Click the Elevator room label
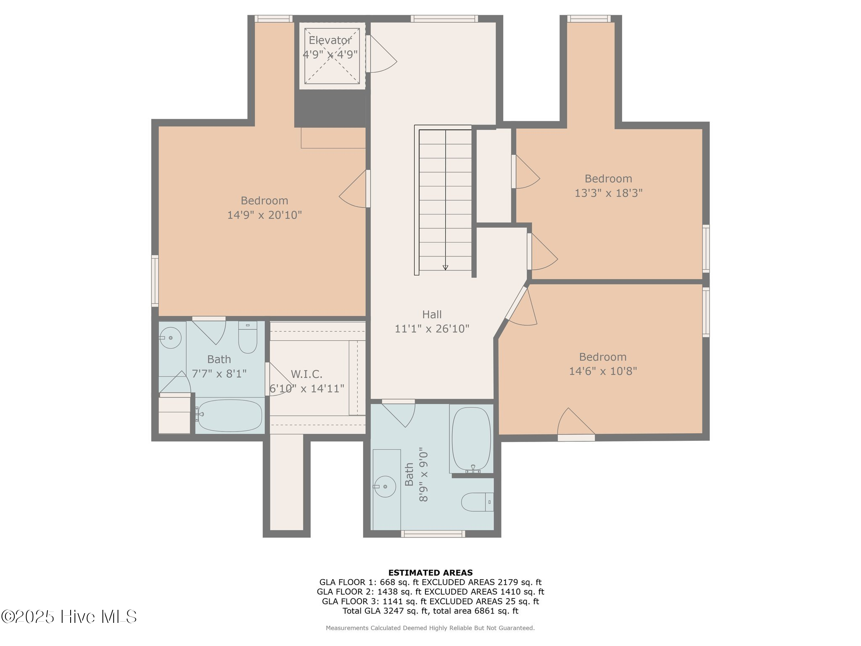(330, 40)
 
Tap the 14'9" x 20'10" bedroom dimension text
(264, 215)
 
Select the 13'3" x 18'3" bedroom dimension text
(608, 193)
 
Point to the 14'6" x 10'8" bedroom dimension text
(603, 371)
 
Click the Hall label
(432, 315)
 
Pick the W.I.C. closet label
(306, 374)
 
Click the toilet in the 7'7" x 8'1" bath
(248, 337)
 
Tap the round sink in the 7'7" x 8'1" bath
(170, 338)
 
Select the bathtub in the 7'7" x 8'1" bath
(229, 416)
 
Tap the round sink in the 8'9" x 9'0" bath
(385, 487)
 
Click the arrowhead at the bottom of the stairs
(445, 267)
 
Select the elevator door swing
(381, 54)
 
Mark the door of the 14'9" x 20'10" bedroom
(354, 189)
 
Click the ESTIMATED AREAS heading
(430, 572)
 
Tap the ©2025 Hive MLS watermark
(69, 617)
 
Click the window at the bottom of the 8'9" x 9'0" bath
(433, 534)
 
